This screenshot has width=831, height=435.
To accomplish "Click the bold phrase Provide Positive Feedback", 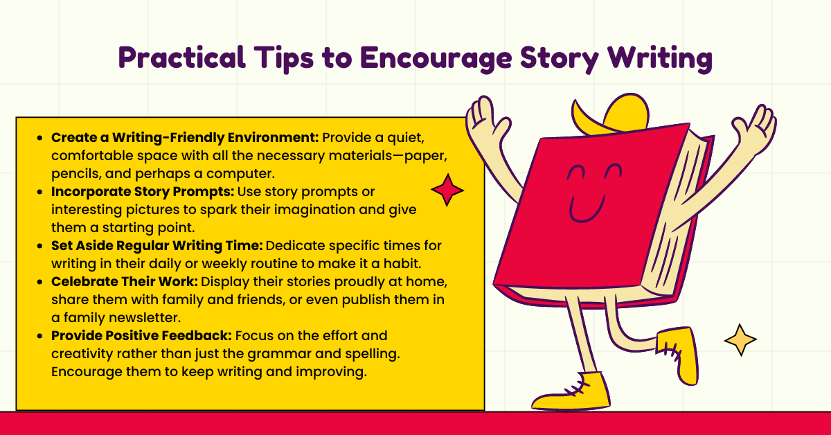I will (141, 335).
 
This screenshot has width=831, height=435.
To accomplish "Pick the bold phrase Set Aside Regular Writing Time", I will (148, 245).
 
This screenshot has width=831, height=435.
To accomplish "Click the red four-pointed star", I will (447, 190).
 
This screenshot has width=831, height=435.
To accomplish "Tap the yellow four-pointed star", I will (740, 339).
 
